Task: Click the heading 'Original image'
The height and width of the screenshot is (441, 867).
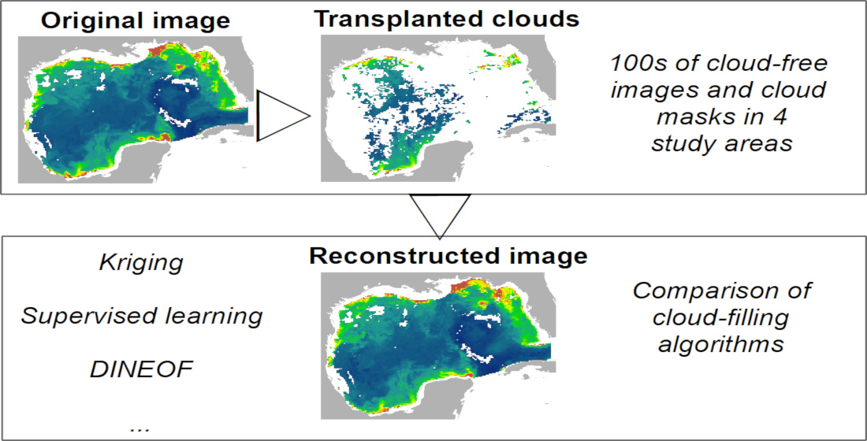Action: pos(136,21)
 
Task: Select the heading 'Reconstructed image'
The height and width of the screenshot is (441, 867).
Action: pos(448,257)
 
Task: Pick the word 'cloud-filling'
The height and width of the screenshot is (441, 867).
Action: pos(721,317)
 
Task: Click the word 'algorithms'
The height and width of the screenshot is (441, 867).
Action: pos(722,345)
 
